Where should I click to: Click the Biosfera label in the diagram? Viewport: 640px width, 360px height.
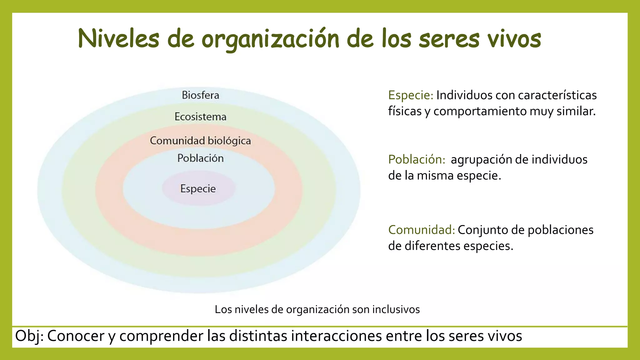[200, 95]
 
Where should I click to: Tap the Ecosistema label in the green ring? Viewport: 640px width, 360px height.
[200, 117]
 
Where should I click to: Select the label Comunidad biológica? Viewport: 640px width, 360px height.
[200, 141]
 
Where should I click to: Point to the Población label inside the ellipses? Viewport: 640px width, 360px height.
[200, 158]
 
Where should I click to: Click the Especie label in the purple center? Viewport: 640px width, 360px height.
[198, 188]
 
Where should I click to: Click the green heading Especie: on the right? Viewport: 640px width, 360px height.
[411, 95]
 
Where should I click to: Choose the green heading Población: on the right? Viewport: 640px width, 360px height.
[417, 159]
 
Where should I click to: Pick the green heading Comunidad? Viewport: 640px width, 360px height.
[421, 230]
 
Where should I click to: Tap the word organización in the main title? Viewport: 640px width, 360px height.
[270, 39]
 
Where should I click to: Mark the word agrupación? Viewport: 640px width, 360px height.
[481, 159]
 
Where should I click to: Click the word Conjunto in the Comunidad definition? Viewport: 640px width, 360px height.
[482, 230]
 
